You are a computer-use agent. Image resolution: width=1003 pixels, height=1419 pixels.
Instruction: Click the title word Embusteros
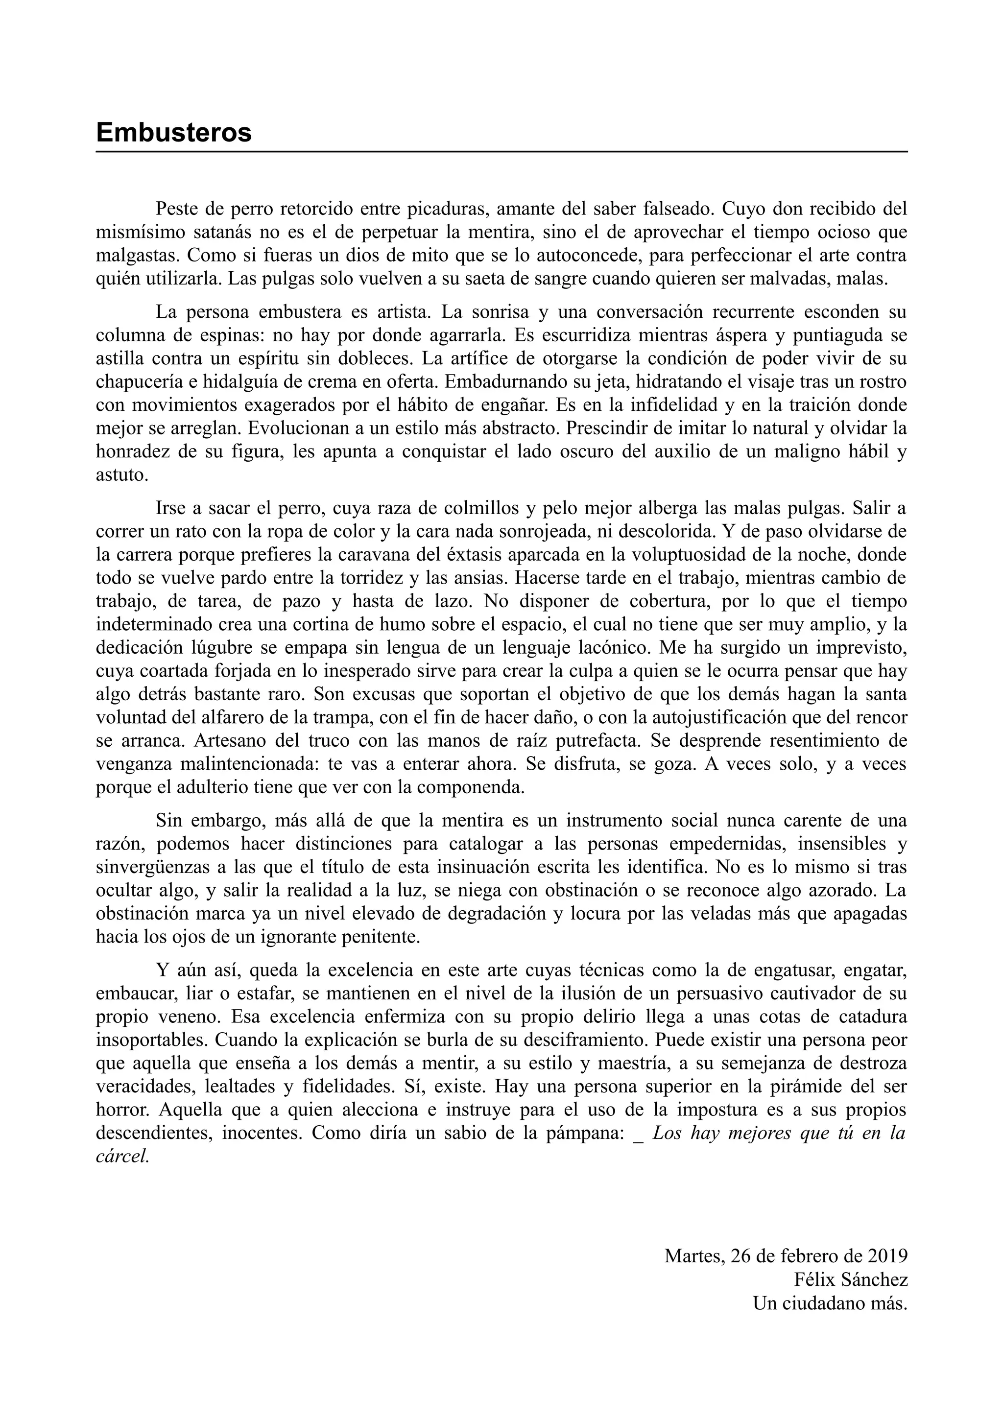click(174, 133)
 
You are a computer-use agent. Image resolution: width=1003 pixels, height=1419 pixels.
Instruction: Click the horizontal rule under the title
click(501, 151)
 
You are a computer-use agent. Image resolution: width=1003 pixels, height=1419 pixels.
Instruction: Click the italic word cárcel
click(122, 1156)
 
